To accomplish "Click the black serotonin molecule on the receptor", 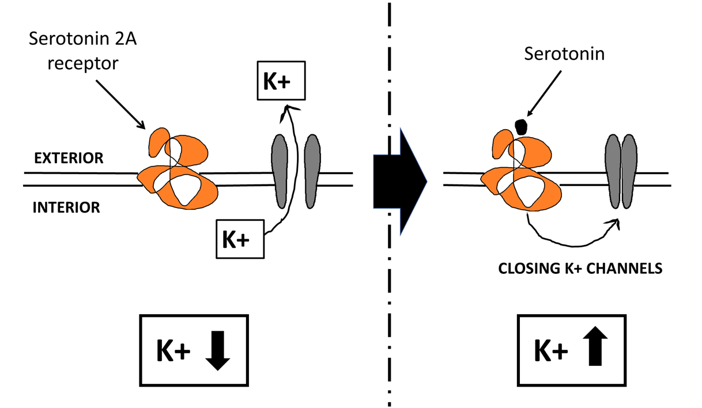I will point(521,127).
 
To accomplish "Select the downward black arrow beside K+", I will point(218,350).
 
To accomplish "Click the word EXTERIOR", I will point(69,158).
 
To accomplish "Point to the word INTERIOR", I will point(66,207).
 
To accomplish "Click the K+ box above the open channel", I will point(281,81).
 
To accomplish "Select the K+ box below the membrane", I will point(240,239).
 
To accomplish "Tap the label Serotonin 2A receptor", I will point(82,50).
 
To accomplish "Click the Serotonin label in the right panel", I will point(564,54).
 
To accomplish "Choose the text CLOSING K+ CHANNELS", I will point(580,268).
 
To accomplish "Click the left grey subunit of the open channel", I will point(280,171).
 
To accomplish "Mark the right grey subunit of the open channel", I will point(312,171).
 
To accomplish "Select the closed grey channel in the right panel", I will point(620,171).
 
